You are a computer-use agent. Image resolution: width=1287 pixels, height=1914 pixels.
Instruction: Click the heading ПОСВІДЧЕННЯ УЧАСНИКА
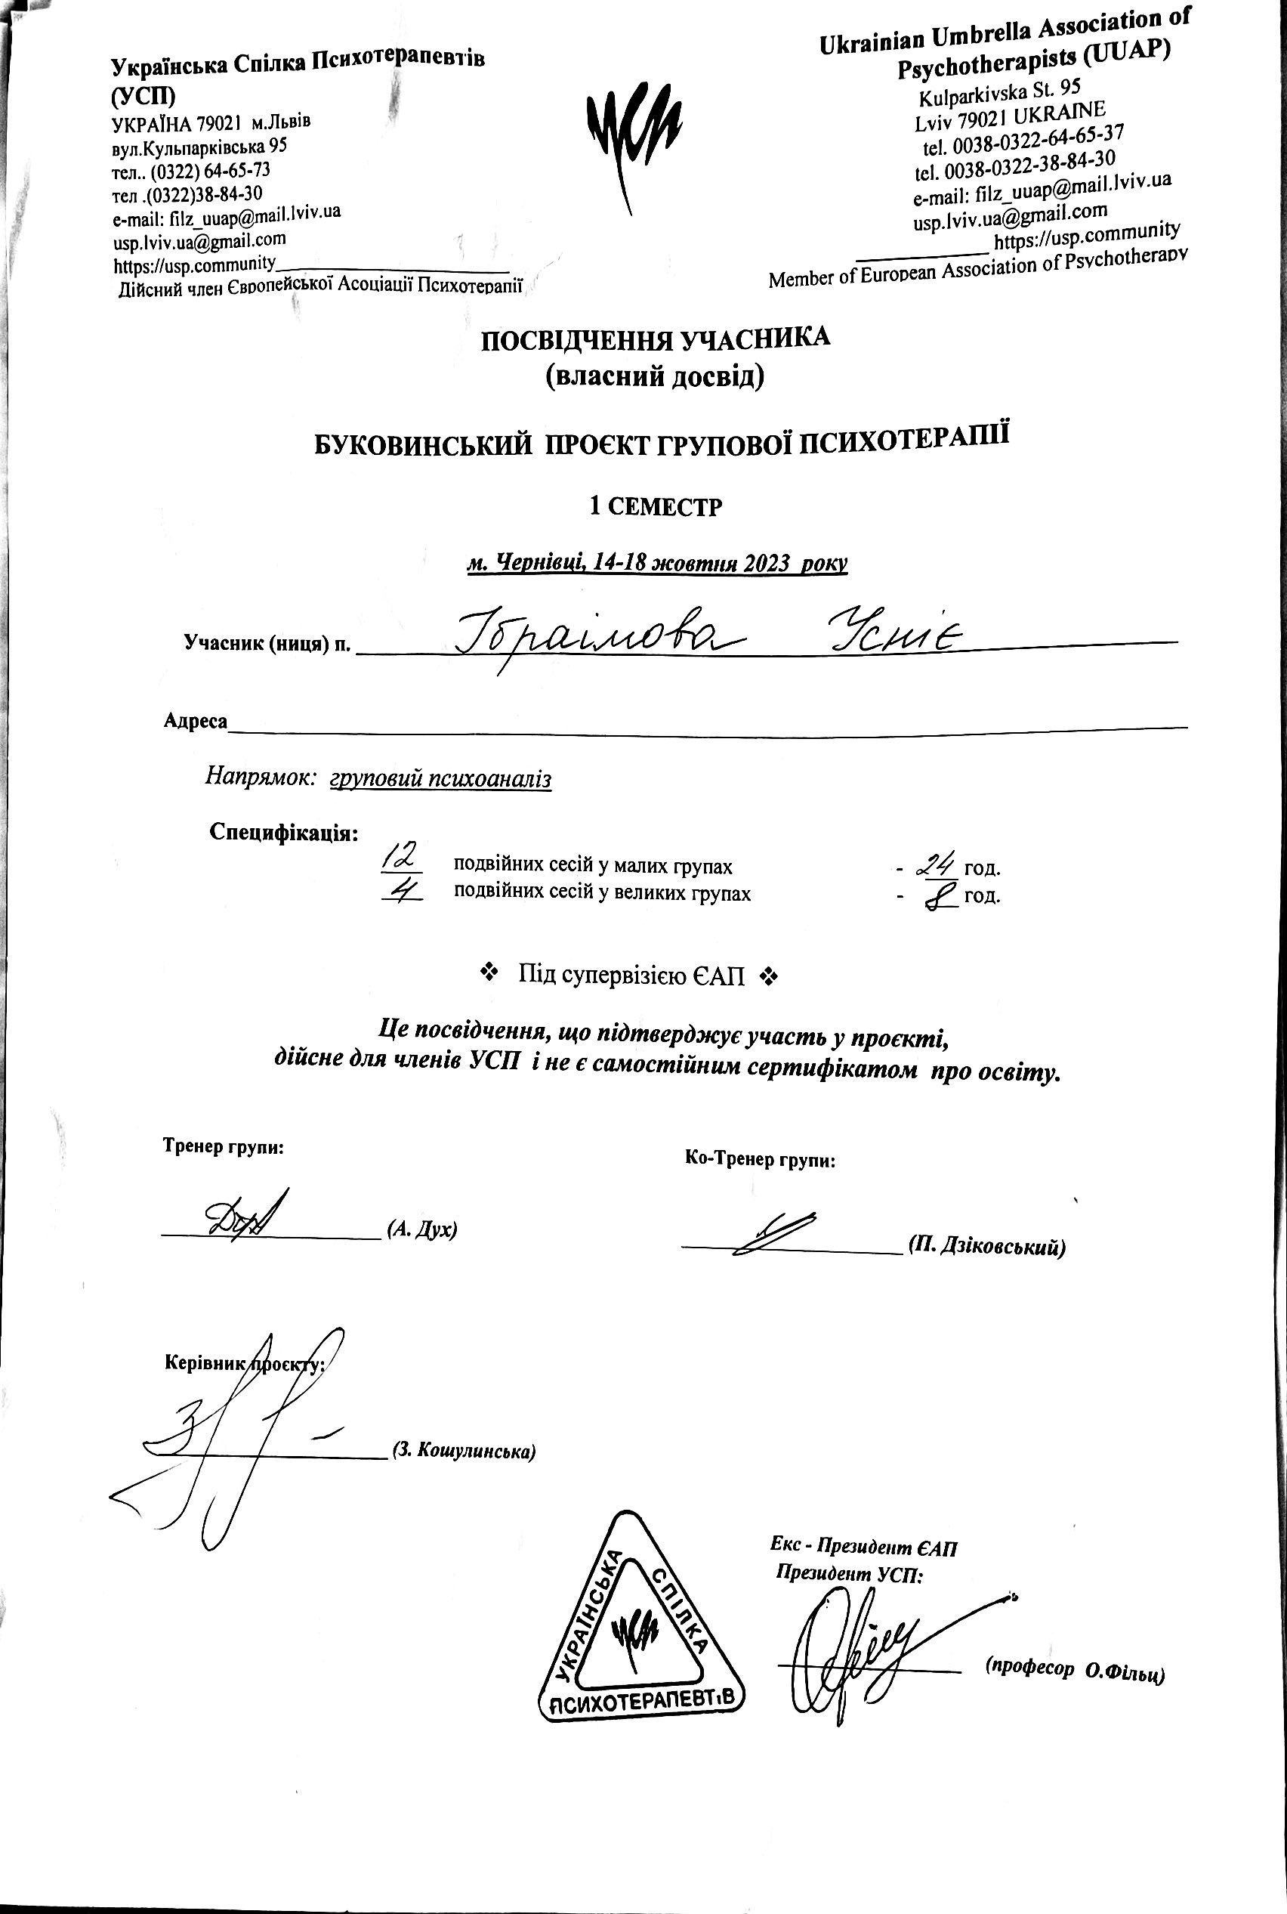(x=655, y=339)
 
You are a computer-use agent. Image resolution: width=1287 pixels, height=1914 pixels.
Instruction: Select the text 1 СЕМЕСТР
(x=656, y=506)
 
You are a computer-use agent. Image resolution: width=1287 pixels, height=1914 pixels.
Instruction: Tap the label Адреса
(x=196, y=721)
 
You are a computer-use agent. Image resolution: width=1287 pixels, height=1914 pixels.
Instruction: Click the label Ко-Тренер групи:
(x=760, y=1159)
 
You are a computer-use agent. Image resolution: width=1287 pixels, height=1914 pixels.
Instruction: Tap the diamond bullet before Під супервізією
(x=489, y=974)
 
